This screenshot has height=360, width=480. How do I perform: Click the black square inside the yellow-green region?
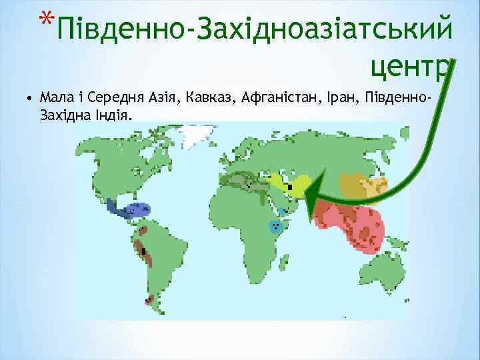[x=289, y=187]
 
